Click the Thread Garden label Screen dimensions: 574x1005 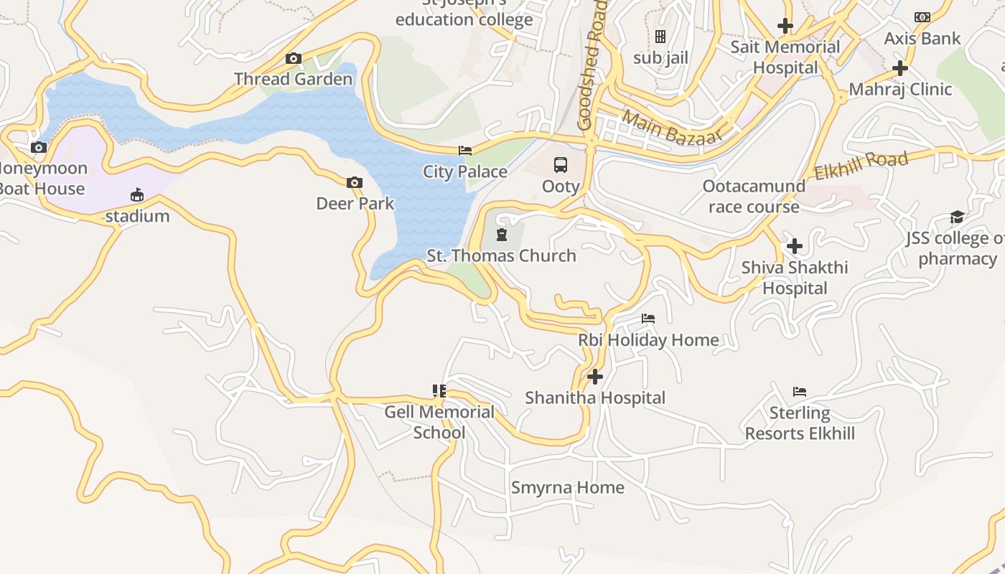293,79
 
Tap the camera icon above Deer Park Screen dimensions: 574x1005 355,183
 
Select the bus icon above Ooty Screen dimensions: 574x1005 561,165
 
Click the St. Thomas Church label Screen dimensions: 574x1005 501,255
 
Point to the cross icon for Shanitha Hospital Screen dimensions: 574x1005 595,376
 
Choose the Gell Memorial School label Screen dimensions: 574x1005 439,422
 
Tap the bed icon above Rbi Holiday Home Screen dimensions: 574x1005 648,319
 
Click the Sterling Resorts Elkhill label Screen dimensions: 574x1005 800,423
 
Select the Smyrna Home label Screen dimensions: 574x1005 567,488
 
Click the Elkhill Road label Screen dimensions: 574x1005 861,165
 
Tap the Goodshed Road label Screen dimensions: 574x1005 592,65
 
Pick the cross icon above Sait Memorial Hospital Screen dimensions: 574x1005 785,27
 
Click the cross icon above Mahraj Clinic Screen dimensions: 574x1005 900,68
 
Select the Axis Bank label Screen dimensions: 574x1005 922,39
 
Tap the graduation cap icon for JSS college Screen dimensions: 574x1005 957,217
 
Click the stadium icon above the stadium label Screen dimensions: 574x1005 137,195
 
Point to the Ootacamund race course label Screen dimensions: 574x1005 754,197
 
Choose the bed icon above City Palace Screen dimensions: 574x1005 465,151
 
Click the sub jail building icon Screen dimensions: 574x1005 660,37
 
